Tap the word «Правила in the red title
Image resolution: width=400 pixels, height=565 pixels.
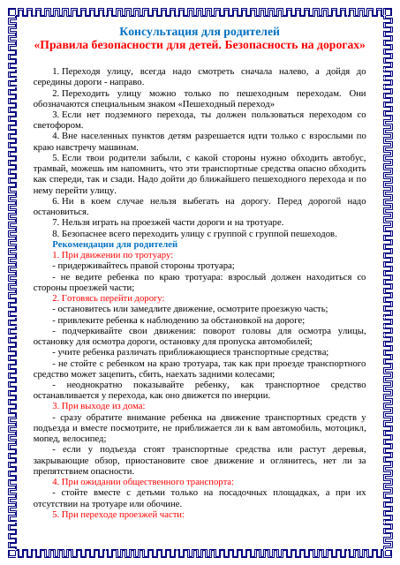(x=62, y=44)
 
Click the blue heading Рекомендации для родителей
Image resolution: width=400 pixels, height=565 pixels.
(x=115, y=244)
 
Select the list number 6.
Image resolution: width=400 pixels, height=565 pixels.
(x=55, y=200)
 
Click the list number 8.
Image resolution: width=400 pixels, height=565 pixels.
(x=55, y=233)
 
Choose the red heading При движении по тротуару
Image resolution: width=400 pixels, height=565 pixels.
(x=117, y=254)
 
